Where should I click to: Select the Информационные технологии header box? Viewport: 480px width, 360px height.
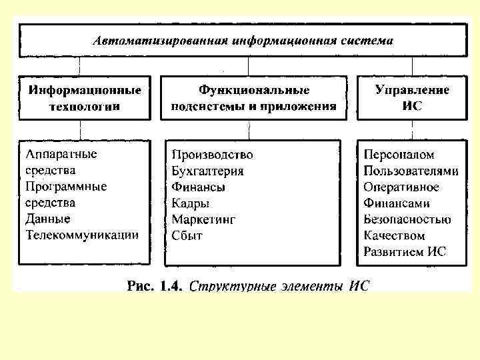[x=85, y=97]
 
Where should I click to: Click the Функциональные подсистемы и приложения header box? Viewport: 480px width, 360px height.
[x=253, y=97]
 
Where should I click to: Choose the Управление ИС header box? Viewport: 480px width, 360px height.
[x=412, y=97]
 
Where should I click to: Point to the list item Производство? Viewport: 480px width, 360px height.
[x=212, y=155]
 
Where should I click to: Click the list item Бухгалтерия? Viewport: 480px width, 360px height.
[x=207, y=171]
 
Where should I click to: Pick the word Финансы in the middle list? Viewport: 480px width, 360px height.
[x=198, y=187]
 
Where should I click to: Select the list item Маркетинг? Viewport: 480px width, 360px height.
[x=203, y=219]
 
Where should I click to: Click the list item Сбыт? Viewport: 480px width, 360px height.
[x=187, y=235]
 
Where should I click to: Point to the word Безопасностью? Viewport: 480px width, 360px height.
[x=407, y=219]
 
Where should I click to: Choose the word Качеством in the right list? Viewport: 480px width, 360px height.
[x=394, y=235]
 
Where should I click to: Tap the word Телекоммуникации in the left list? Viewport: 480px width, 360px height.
[x=82, y=234]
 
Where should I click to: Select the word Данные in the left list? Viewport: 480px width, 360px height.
[x=48, y=218]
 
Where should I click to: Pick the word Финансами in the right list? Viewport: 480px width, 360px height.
[x=397, y=203]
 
